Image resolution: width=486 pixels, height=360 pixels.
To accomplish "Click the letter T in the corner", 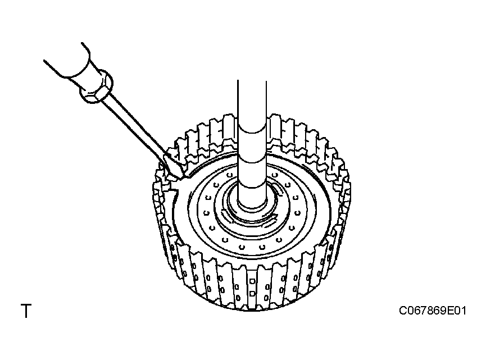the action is click(26, 311).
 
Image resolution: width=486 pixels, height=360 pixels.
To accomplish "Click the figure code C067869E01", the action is click(433, 311).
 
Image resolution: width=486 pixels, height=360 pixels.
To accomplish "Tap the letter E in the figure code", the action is click(451, 311).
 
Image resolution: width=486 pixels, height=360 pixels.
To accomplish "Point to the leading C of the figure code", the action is click(403, 311).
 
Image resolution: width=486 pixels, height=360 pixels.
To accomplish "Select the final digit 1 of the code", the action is click(463, 311).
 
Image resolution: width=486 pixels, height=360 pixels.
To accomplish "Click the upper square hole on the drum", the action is click(252, 281).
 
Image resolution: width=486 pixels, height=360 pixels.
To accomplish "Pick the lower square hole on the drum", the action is click(252, 293).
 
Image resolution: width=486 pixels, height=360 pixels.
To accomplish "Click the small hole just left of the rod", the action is click(229, 175).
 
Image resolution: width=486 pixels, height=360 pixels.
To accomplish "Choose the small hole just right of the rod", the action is click(275, 175).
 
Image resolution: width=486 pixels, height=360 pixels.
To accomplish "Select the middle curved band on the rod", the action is click(252, 161).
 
